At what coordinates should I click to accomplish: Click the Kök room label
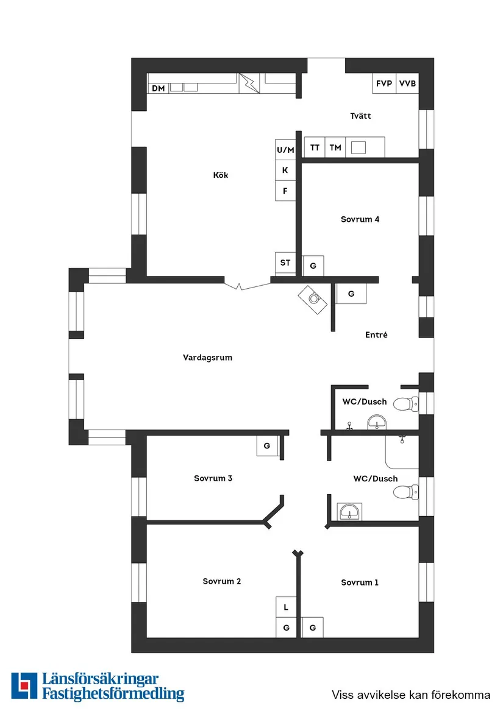pos(221,175)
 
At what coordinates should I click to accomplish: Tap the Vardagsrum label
pos(207,358)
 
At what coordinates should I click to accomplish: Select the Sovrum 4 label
pos(360,219)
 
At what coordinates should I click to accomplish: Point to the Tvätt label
pos(360,116)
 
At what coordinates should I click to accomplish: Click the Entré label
pos(376,335)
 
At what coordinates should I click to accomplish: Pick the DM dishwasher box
pos(159,88)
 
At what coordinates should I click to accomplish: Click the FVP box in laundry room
pos(384,83)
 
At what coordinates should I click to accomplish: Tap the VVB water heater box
pos(407,83)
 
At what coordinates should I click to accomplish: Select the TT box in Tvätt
pos(315,147)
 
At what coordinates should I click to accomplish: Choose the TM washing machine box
pos(335,147)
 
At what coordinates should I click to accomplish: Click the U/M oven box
pos(285,150)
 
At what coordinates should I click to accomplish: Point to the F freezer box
pos(285,191)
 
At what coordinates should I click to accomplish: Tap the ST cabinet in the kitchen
pos(285,263)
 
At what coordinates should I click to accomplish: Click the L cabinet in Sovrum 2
pos(285,607)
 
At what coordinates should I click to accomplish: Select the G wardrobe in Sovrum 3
pos(267,446)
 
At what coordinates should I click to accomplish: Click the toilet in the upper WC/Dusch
pos(405,403)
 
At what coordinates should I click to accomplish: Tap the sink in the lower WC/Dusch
pos(349,511)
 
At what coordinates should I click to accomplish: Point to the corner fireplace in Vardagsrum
pos(314,299)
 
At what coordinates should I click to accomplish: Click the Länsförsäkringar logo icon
pos(24,686)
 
